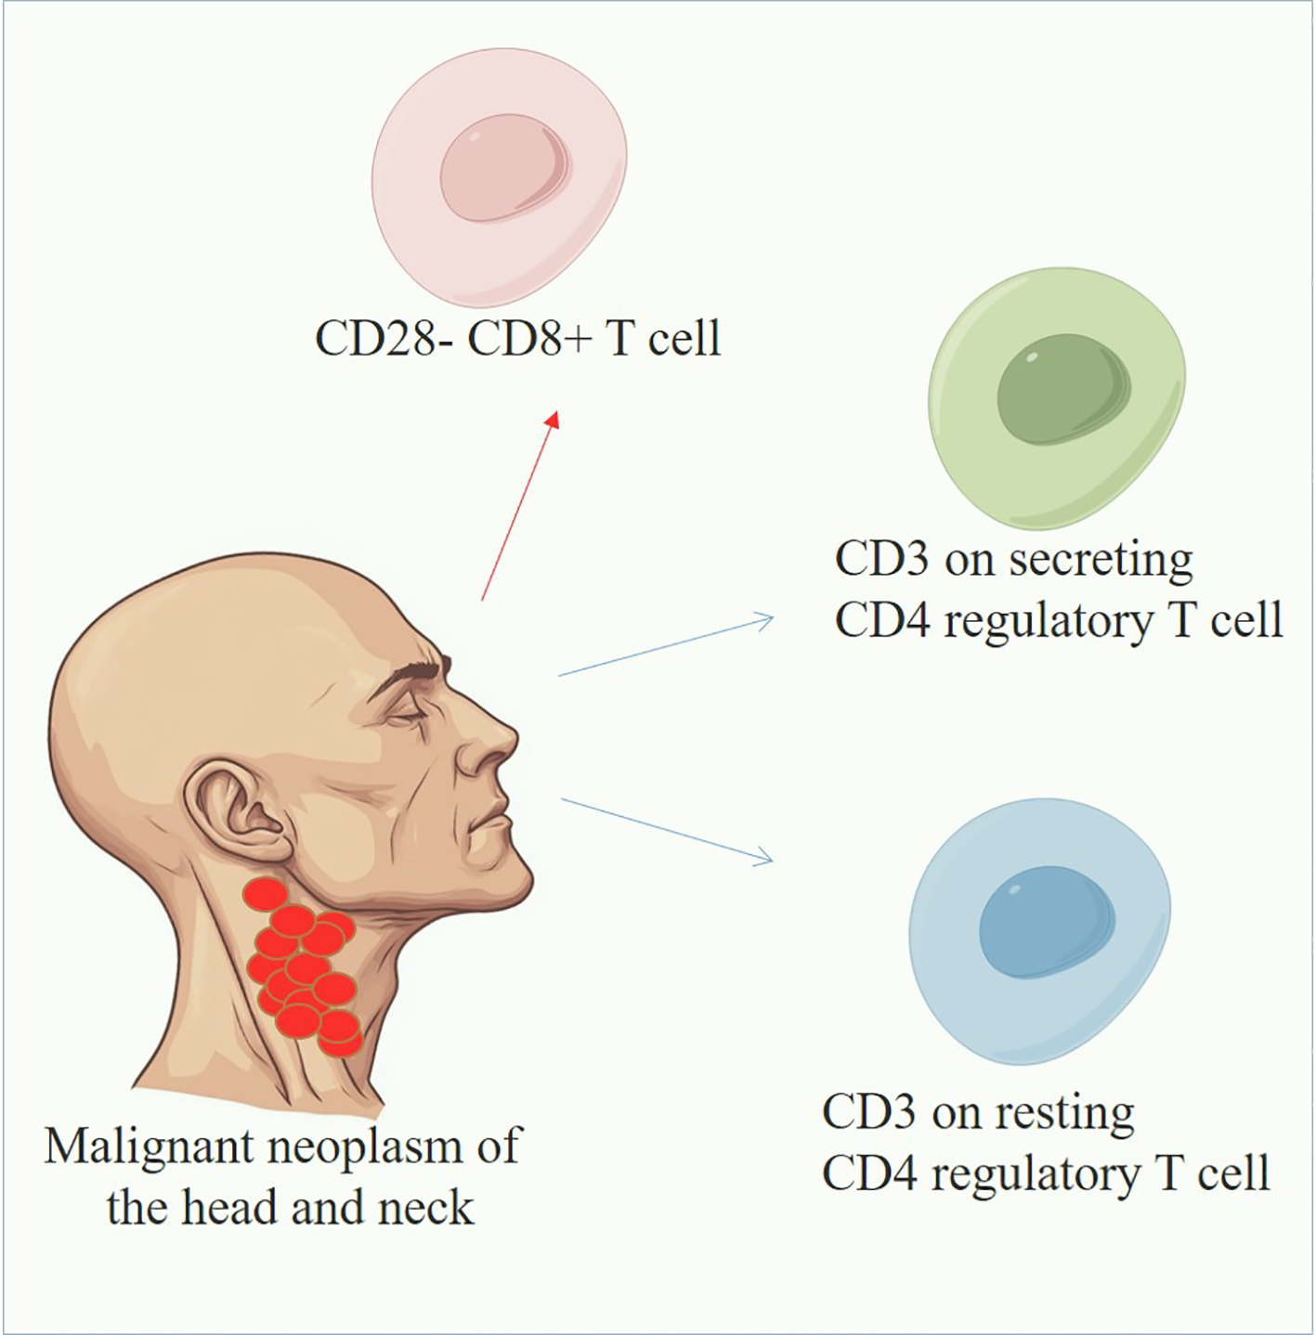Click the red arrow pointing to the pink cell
pos(520,506)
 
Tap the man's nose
pos(492,743)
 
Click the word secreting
pos(1101,560)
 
